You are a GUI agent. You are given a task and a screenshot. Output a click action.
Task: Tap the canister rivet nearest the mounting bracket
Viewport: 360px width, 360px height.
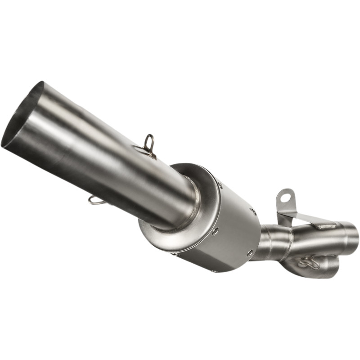[x=254, y=211]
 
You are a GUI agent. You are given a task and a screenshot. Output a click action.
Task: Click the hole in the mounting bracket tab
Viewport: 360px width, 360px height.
[x=284, y=198]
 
